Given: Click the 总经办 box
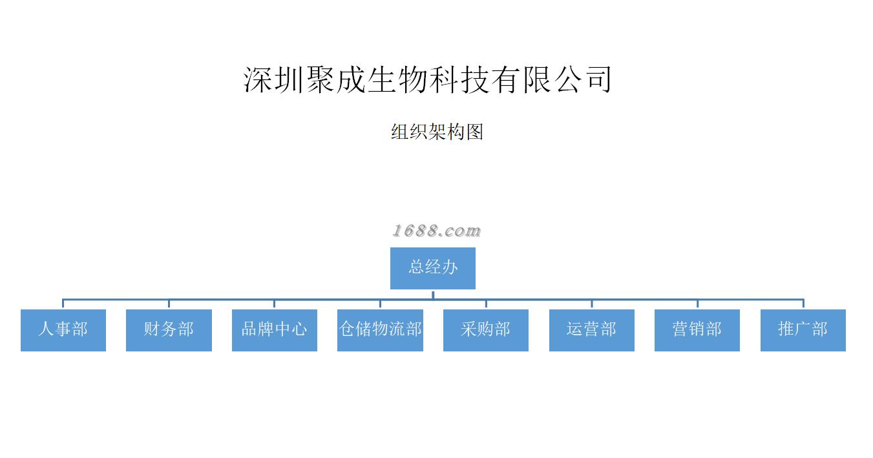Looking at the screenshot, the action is click(432, 268).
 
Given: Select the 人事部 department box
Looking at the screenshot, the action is click(63, 330).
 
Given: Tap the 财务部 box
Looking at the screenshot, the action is click(169, 330).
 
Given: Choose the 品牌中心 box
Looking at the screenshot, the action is click(274, 330).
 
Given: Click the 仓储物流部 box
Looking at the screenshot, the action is click(380, 330).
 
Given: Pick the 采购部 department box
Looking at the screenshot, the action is click(485, 330).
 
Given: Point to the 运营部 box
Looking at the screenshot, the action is click(591, 330).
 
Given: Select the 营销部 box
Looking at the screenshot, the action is click(697, 330).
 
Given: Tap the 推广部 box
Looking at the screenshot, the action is click(803, 330).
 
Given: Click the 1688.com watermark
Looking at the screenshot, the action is click(436, 231).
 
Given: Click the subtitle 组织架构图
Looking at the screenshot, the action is click(437, 132).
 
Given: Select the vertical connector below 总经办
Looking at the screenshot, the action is click(433, 295).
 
